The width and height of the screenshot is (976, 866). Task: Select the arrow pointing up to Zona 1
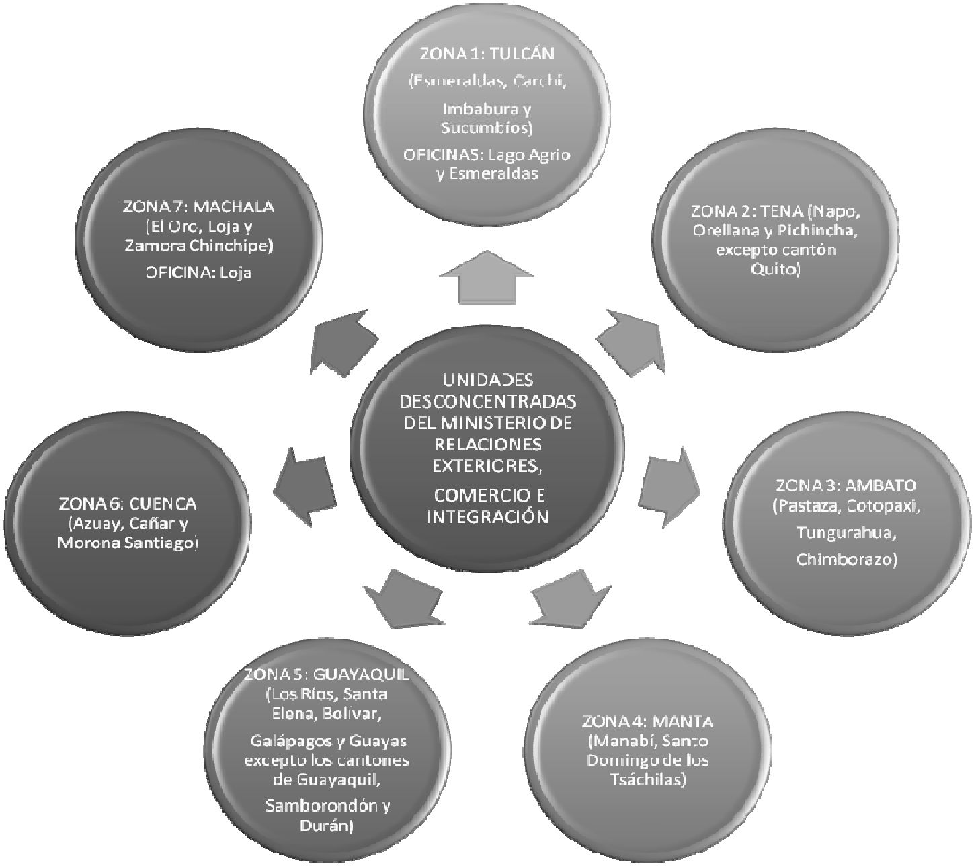[x=487, y=277]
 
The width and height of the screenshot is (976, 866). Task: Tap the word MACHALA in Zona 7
[x=234, y=207]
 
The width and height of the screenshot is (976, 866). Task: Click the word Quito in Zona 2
[x=774, y=269]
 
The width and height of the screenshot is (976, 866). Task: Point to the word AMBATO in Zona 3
[x=881, y=485]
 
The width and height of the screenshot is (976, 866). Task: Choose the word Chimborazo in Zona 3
[x=846, y=559]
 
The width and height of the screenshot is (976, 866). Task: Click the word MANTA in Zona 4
[x=683, y=721]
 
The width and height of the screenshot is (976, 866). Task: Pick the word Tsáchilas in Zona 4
[x=648, y=779]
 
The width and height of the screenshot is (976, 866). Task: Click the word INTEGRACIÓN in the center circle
[x=487, y=516]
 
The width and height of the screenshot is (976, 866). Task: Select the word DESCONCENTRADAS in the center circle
[x=488, y=401]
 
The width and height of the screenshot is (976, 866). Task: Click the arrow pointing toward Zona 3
[x=670, y=487]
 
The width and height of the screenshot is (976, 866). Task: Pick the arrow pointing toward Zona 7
[x=343, y=341]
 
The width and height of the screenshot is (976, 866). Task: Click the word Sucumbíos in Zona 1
[x=487, y=128]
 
